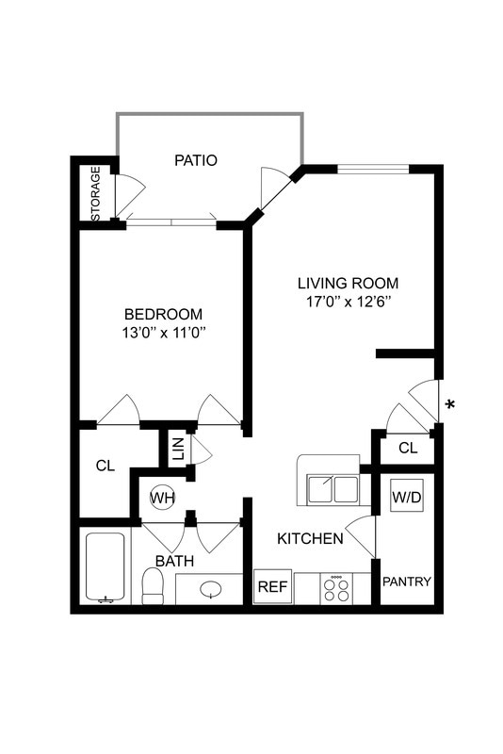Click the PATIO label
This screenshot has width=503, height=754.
click(196, 160)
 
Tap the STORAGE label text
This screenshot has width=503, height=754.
click(95, 194)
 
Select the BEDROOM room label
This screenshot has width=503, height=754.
click(164, 314)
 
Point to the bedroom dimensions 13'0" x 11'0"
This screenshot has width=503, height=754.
click(164, 332)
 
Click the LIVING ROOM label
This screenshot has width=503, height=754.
click(348, 283)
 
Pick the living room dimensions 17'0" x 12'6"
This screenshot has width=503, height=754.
click(348, 302)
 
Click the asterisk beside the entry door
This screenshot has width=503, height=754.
click(450, 405)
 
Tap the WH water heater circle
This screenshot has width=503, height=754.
click(164, 498)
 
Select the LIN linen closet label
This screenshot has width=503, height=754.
click(177, 449)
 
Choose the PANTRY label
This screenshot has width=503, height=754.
click(406, 582)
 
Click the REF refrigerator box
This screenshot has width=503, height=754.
click(272, 586)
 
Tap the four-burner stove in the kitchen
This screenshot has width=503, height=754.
click(336, 588)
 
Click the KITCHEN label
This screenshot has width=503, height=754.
click(309, 539)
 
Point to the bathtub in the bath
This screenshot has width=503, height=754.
click(105, 567)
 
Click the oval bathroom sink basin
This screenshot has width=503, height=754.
click(211, 589)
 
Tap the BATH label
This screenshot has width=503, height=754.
click(174, 561)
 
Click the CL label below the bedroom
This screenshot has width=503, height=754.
click(105, 465)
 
